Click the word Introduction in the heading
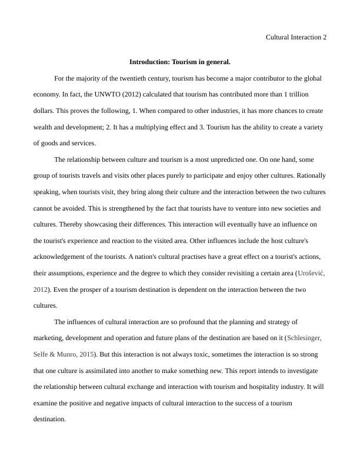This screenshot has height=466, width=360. pyautogui.click(x=149, y=61)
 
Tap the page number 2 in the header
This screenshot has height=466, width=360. pyautogui.click(x=324, y=37)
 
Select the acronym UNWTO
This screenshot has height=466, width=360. pyautogui.click(x=107, y=94)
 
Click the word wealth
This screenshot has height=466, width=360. pyautogui.click(x=45, y=127)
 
